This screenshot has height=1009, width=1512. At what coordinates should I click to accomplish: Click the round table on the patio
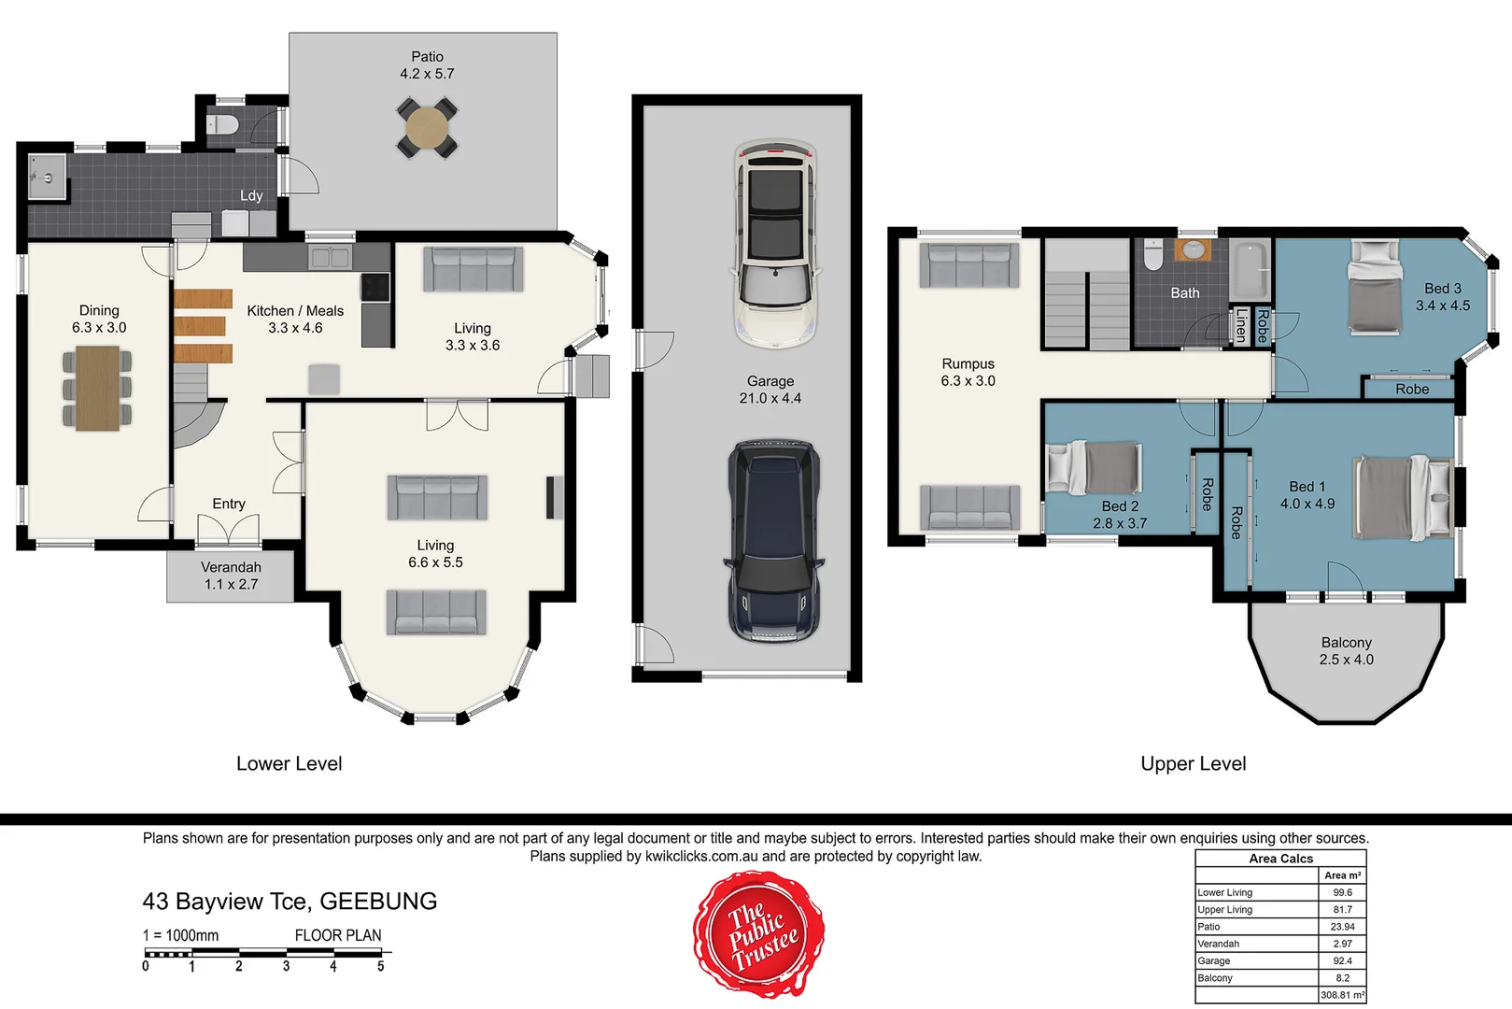click(428, 129)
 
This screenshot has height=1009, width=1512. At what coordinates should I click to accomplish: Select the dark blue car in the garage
click(773, 542)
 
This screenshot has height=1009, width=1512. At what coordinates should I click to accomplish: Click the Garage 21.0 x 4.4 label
click(770, 390)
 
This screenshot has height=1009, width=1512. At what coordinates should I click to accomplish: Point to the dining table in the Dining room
click(97, 388)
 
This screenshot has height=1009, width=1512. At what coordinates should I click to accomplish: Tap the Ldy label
click(251, 195)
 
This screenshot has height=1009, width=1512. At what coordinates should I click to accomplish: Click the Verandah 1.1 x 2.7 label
click(231, 576)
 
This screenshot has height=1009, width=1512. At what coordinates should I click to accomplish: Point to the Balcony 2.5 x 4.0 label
click(1346, 650)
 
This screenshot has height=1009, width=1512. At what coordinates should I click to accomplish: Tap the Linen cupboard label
click(1240, 326)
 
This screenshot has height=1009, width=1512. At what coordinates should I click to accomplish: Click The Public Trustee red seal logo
click(757, 933)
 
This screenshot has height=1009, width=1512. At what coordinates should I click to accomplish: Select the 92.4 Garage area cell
click(1342, 960)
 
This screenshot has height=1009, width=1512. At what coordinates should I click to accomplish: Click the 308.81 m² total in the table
click(1342, 995)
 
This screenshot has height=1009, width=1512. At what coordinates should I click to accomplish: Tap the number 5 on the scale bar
click(381, 967)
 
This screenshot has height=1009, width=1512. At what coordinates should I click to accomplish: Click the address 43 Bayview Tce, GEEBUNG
click(290, 901)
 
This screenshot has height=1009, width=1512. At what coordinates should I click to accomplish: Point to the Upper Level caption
click(1193, 763)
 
